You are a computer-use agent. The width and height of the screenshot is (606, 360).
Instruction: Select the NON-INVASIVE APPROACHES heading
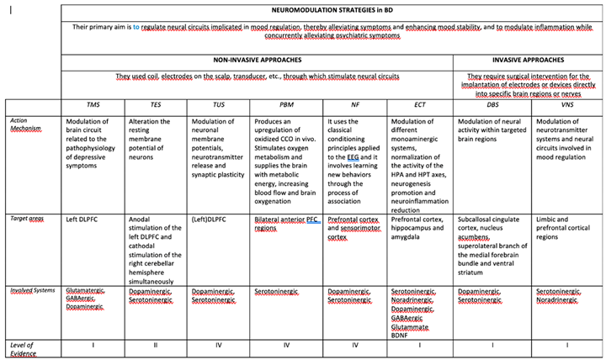(x=257, y=61)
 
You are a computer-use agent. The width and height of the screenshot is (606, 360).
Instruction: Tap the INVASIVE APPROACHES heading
(x=528, y=61)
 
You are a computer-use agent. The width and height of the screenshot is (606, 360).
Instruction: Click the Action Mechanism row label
(x=25, y=125)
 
